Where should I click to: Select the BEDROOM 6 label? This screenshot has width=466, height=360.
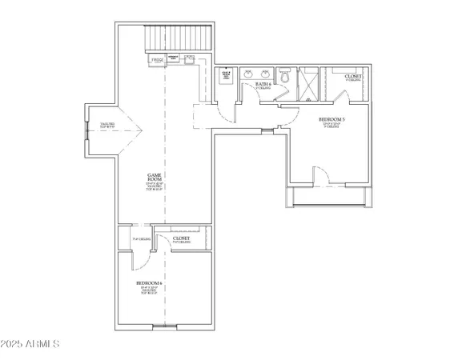[149, 284]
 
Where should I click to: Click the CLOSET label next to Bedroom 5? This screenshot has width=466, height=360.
[352, 77]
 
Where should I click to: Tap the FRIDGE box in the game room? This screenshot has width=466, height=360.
[157, 60]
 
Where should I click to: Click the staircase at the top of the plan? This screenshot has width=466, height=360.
[178, 38]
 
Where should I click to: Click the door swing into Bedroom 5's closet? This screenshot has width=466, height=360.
[339, 98]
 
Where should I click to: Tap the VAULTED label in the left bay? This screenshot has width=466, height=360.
[106, 125]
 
